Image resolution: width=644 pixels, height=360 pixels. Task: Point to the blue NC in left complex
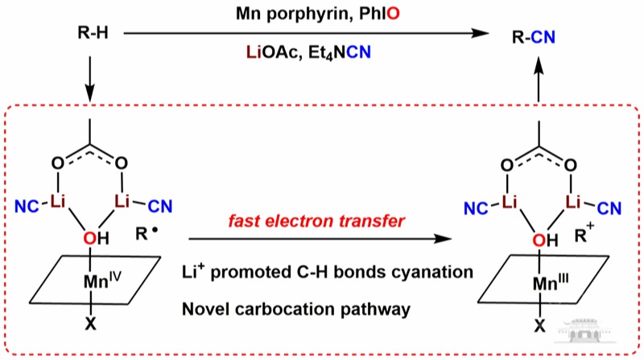pyautogui.click(x=27, y=211)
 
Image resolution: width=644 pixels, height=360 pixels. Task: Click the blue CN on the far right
pyautogui.click(x=609, y=211)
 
